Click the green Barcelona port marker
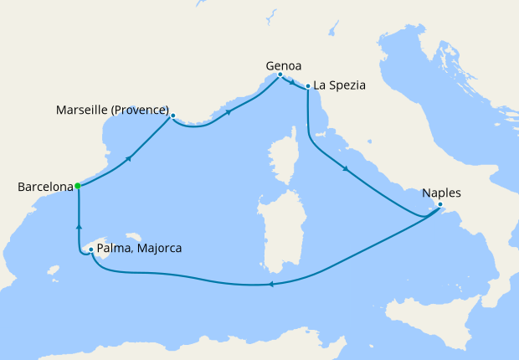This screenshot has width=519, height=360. point(77,186)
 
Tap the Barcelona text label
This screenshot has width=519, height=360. point(45,187)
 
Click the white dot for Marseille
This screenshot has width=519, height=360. point(172,116)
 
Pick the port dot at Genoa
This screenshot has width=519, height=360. point(280,75)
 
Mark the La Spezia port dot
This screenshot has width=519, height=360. point(309,85)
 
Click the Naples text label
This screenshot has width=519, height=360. point(442,193)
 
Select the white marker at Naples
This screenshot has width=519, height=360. point(440,204)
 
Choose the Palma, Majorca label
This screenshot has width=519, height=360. point(139,249)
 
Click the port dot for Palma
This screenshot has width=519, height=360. point(90,249)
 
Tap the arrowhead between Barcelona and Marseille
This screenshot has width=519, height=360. point(129,157)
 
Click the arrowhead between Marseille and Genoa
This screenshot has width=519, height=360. point(228,111)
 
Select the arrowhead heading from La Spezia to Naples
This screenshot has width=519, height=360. point(345,171)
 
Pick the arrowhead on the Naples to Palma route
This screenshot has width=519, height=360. point(270,285)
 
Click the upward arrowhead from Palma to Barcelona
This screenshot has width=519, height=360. point(79,225)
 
